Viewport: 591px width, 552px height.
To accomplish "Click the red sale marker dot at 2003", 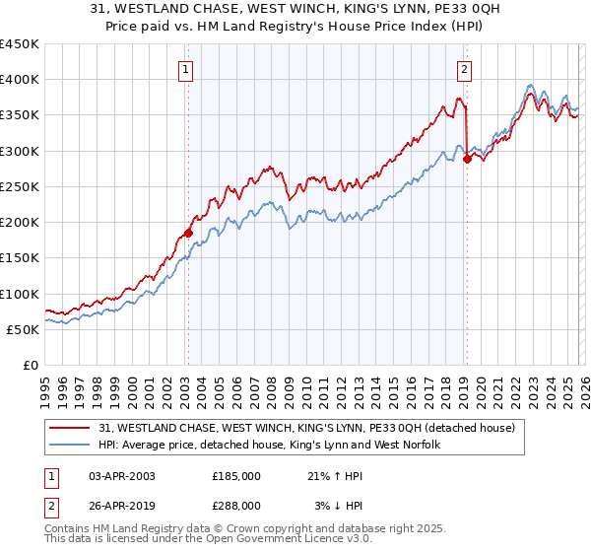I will click(x=188, y=234).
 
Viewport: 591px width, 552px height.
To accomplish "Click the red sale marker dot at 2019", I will click(x=467, y=161).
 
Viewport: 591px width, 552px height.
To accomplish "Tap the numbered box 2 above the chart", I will click(x=464, y=69).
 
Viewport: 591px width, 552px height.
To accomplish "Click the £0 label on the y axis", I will click(x=31, y=365).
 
